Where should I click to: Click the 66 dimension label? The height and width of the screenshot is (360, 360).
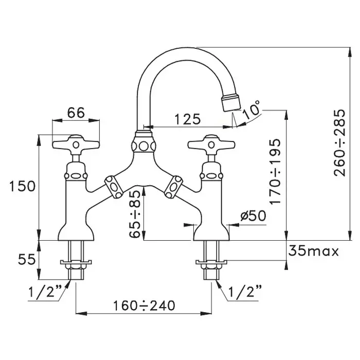pyautogui.click(x=76, y=113)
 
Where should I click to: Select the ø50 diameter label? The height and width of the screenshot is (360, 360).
pyautogui.click(x=254, y=216)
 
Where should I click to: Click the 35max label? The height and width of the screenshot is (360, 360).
pyautogui.click(x=313, y=251)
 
